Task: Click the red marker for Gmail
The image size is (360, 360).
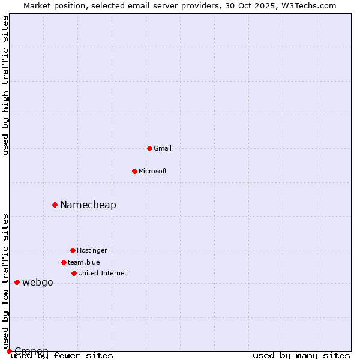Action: pyautogui.click(x=149, y=148)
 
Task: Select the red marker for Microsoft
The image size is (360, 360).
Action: pyautogui.click(x=134, y=171)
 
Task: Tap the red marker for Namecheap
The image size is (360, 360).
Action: pyautogui.click(x=55, y=205)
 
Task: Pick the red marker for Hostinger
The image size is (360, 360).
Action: pyautogui.click(x=73, y=250)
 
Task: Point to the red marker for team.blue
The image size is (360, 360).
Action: pyautogui.click(x=64, y=262)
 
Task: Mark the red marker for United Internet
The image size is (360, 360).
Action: pyautogui.click(x=74, y=273)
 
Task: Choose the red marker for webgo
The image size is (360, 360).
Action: pyautogui.click(x=17, y=282)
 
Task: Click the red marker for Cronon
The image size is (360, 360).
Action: pyautogui.click(x=9, y=351)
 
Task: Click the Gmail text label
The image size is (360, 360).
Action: pyautogui.click(x=163, y=148)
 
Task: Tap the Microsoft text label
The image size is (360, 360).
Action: pyautogui.click(x=153, y=171)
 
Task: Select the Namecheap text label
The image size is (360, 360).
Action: pyautogui.click(x=88, y=205)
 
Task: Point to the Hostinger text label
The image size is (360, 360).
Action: pyautogui.click(x=92, y=250)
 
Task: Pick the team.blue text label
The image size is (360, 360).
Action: pyautogui.click(x=84, y=262)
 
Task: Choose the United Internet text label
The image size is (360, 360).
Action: pyautogui.click(x=103, y=273)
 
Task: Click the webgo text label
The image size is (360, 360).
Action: pyautogui.click(x=38, y=282)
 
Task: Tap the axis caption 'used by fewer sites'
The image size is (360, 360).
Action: pyautogui.click(x=62, y=355)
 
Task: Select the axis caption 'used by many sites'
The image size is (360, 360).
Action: pyautogui.click(x=301, y=355)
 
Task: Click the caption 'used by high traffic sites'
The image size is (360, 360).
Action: pyautogui.click(x=5, y=85)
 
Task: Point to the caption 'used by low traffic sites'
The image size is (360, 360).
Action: pyautogui.click(x=5, y=281)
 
